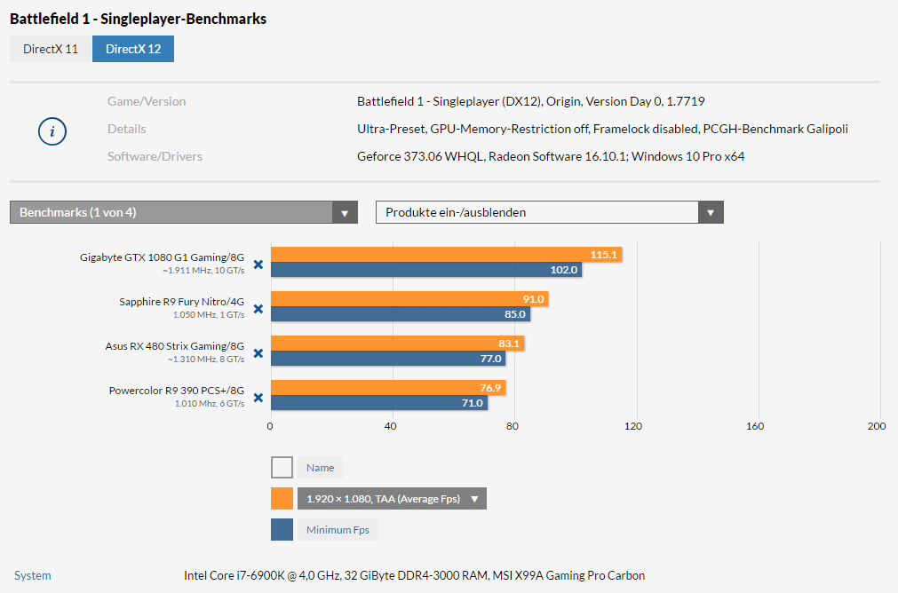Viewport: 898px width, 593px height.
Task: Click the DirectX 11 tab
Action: pyautogui.click(x=51, y=49)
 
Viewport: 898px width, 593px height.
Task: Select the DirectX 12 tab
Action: pyautogui.click(x=133, y=49)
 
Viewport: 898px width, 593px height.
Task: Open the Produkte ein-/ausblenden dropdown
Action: pyautogui.click(x=549, y=212)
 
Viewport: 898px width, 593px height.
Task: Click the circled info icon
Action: pyautogui.click(x=52, y=131)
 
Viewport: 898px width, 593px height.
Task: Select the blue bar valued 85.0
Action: pyautogui.click(x=400, y=314)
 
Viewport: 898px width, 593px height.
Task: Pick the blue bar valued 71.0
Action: pyautogui.click(x=377, y=403)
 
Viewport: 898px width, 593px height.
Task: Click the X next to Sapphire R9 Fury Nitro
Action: pyautogui.click(x=258, y=309)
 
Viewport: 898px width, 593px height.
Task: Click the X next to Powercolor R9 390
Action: pyautogui.click(x=258, y=398)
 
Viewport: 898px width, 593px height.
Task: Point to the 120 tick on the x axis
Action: pyautogui.click(x=632, y=426)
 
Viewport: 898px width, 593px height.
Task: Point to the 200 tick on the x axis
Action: pyautogui.click(x=876, y=426)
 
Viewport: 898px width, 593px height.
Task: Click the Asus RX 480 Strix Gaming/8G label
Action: pyautogui.click(x=174, y=346)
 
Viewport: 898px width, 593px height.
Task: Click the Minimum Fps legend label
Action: pyautogui.click(x=338, y=530)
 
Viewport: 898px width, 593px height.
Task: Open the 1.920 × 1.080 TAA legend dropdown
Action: pyautogui.click(x=391, y=499)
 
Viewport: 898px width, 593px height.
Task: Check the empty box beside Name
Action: pyautogui.click(x=282, y=467)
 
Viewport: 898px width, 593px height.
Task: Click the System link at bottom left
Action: pyautogui.click(x=33, y=575)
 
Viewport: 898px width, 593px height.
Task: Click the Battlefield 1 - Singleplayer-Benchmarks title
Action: pyautogui.click(x=138, y=19)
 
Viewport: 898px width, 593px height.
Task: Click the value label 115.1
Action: pyautogui.click(x=603, y=255)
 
